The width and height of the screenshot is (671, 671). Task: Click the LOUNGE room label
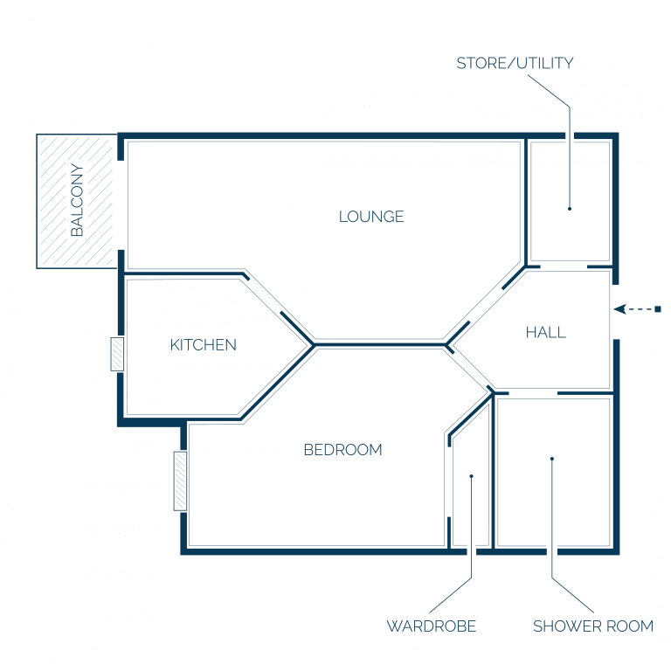pyautogui.click(x=371, y=217)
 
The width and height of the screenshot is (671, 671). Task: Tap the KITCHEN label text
pyautogui.click(x=203, y=345)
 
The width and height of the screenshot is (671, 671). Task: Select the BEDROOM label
pyautogui.click(x=342, y=450)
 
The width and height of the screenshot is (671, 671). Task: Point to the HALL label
pyautogui.click(x=545, y=332)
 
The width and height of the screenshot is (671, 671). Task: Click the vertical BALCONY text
pyautogui.click(x=77, y=200)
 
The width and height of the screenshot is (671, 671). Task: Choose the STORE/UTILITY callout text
pyautogui.click(x=515, y=63)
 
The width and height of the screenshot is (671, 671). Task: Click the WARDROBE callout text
pyautogui.click(x=432, y=626)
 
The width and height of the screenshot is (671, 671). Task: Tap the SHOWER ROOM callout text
pyautogui.click(x=593, y=626)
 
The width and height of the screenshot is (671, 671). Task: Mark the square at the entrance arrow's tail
pyautogui.click(x=658, y=309)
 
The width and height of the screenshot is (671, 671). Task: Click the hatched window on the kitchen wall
pyautogui.click(x=117, y=354)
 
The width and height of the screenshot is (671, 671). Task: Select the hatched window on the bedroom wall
pyautogui.click(x=180, y=481)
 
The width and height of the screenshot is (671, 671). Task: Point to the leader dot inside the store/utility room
pyautogui.click(x=570, y=209)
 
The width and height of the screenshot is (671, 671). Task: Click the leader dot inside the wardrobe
pyautogui.click(x=471, y=476)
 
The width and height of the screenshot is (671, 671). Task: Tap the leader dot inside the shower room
pyautogui.click(x=552, y=459)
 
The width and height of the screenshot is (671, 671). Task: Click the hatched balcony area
pyautogui.click(x=77, y=201)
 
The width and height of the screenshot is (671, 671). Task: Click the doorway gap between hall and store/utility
pyautogui.click(x=564, y=266)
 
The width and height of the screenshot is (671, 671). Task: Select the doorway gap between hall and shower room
pyautogui.click(x=533, y=393)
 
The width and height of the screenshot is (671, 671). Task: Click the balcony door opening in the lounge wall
pyautogui.click(x=121, y=205)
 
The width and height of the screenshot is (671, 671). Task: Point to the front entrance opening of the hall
pyautogui.click(x=615, y=312)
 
